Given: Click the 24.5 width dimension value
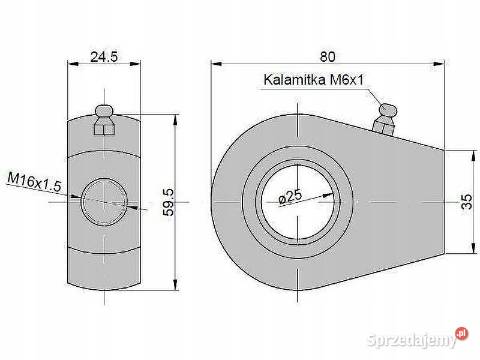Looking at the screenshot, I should tap(103, 56).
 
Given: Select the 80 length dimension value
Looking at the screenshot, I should tap(327, 56).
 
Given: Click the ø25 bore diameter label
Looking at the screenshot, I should tap(290, 196).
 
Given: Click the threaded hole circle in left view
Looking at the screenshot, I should tap(104, 202).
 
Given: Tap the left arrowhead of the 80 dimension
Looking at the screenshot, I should tap(215, 63).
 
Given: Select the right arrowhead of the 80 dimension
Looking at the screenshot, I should tap(440, 63).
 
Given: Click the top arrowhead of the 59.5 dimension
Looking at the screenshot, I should tap(175, 119).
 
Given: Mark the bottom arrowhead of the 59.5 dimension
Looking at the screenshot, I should tap(175, 286).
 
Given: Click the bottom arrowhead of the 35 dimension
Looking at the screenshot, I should tap(467, 250).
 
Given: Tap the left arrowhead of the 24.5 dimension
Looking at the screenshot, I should tap(71, 63).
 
